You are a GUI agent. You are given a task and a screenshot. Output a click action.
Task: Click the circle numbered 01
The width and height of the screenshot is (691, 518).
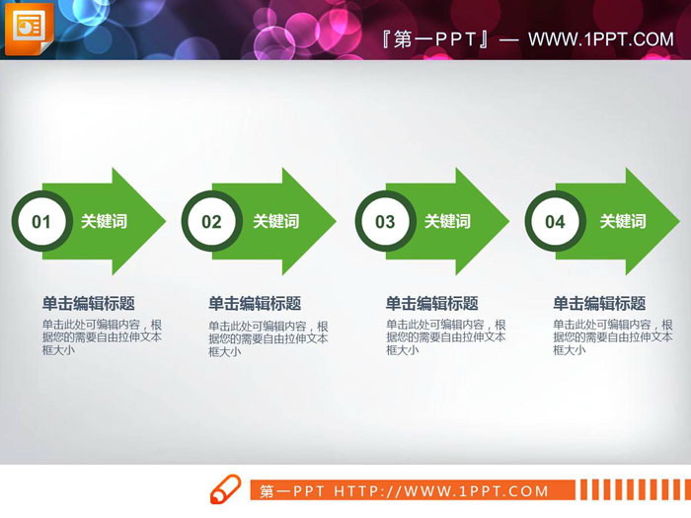pyautogui.click(x=40, y=222)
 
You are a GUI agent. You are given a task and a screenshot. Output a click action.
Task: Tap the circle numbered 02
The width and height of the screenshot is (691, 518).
pyautogui.click(x=211, y=222)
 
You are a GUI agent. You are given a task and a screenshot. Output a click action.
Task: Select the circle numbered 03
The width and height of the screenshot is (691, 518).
pyautogui.click(x=384, y=222)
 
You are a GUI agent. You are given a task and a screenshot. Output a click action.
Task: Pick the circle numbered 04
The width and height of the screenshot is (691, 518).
pyautogui.click(x=555, y=222)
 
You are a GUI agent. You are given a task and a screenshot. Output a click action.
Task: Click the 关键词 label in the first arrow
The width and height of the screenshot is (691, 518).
pyautogui.click(x=104, y=222)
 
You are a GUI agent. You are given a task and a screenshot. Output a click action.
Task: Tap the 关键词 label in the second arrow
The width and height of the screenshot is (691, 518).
pyautogui.click(x=275, y=222)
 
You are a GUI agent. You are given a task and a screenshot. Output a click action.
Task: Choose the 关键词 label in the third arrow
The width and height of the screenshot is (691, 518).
pyautogui.click(x=447, y=222)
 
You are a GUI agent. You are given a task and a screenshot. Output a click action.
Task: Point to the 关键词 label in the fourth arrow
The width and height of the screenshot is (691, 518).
pyautogui.click(x=623, y=222)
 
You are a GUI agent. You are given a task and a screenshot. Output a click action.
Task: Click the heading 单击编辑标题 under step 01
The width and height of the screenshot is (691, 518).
pyautogui.click(x=88, y=304)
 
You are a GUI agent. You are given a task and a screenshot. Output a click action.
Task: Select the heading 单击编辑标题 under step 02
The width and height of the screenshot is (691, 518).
pyautogui.click(x=255, y=304)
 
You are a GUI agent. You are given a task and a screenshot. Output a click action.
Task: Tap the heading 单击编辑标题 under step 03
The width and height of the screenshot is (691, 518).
pyautogui.click(x=431, y=304)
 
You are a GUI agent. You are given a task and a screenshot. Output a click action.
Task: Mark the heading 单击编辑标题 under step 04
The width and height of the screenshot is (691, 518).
pyautogui.click(x=599, y=304)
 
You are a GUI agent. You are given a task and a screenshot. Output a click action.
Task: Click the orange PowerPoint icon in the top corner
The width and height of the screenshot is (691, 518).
pyautogui.click(x=29, y=29)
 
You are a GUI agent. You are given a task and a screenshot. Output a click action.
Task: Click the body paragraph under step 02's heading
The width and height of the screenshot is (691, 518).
pyautogui.click(x=268, y=337)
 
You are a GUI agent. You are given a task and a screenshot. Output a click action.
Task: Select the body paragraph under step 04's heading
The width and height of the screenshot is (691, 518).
pyautogui.click(x=613, y=336)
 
